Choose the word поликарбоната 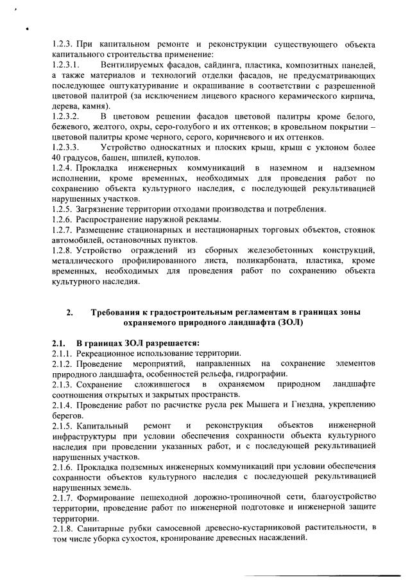275,260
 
